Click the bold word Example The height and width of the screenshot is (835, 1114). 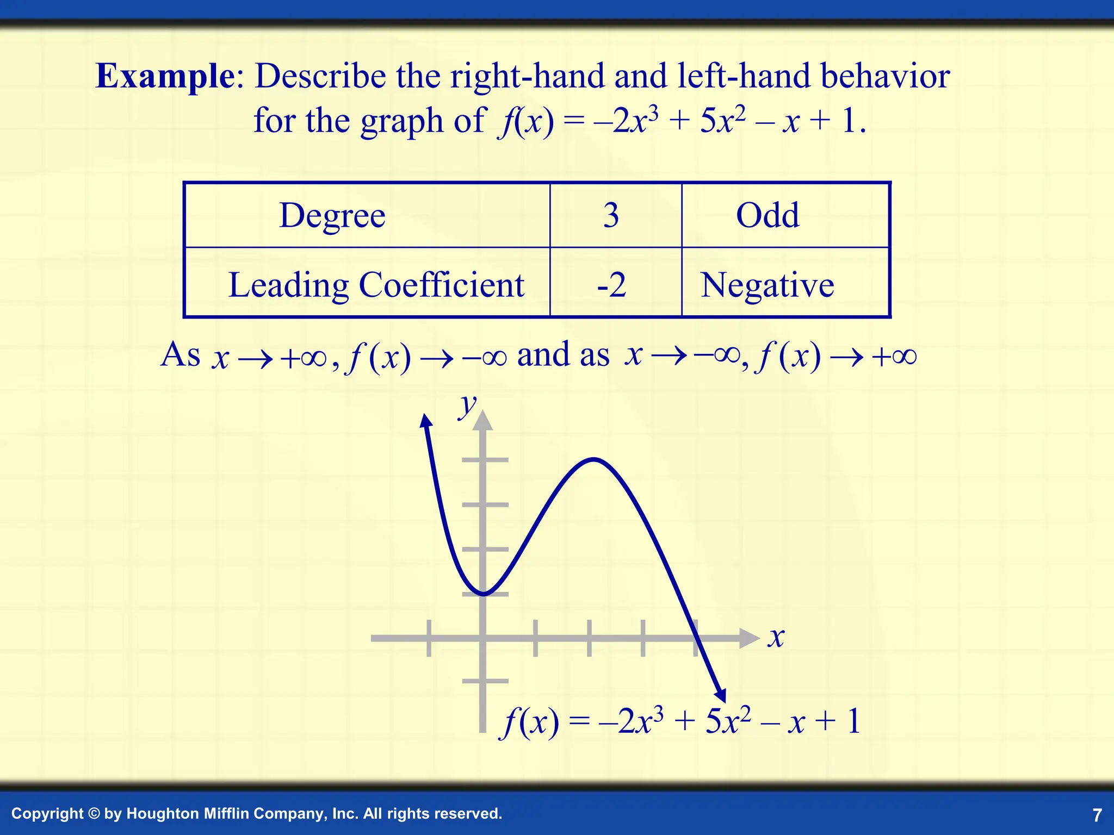click(x=165, y=76)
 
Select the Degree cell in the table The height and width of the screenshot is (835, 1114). click(x=332, y=215)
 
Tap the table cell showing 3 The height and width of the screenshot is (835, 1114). click(x=611, y=215)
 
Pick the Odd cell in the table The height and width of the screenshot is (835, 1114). click(x=768, y=215)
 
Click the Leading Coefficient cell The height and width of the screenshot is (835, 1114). click(x=376, y=284)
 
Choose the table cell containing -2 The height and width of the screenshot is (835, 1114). click(x=611, y=284)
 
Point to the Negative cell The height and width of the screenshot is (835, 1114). click(x=767, y=284)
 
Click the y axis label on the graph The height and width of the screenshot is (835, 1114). click(x=467, y=404)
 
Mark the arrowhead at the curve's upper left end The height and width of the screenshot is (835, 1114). click(x=426, y=421)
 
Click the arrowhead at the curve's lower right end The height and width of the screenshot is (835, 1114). click(x=721, y=695)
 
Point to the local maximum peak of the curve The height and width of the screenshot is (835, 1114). click(x=593, y=460)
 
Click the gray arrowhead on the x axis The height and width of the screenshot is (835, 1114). click(x=750, y=638)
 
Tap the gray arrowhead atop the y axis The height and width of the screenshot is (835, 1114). click(x=483, y=421)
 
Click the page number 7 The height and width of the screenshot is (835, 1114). click(x=1097, y=815)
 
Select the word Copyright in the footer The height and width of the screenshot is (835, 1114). click(x=47, y=814)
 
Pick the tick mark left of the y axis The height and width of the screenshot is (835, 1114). click(x=429, y=638)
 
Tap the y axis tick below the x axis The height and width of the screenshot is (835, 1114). click(x=485, y=681)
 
